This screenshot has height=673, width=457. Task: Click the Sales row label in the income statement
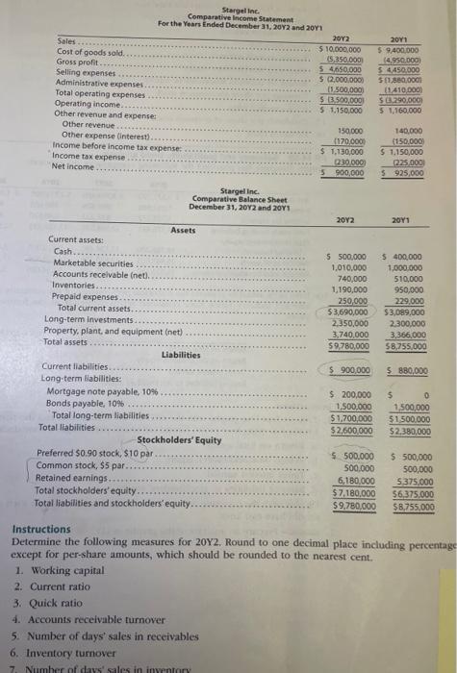click(x=68, y=43)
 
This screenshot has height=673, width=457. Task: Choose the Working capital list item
click(x=69, y=571)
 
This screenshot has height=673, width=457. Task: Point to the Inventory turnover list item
click(x=76, y=651)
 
